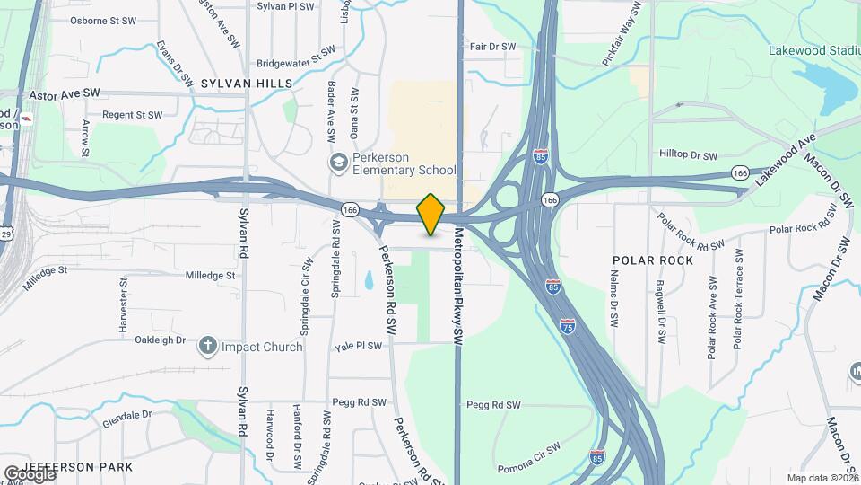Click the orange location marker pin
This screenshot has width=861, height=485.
tap(431, 215)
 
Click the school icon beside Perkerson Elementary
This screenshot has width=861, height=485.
tap(338, 163)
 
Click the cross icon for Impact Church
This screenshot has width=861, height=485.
tap(208, 346)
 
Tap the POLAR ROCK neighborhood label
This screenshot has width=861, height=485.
tap(652, 260)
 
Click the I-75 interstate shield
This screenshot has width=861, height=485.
tap(568, 324)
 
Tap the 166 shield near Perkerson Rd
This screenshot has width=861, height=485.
tap(350, 209)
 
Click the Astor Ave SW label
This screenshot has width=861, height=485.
tap(65, 93)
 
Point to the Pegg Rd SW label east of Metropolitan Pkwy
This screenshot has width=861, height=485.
tap(494, 405)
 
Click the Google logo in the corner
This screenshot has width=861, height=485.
tap(29, 473)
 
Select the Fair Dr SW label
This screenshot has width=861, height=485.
tap(492, 47)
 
